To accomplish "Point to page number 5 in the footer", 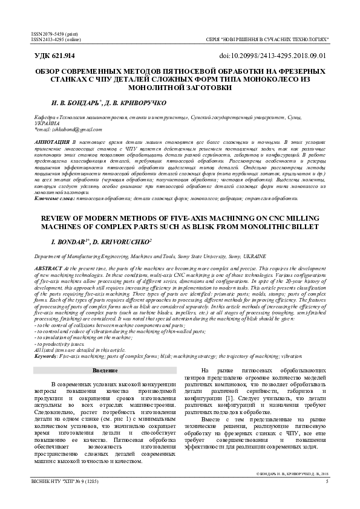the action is (327, 481).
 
